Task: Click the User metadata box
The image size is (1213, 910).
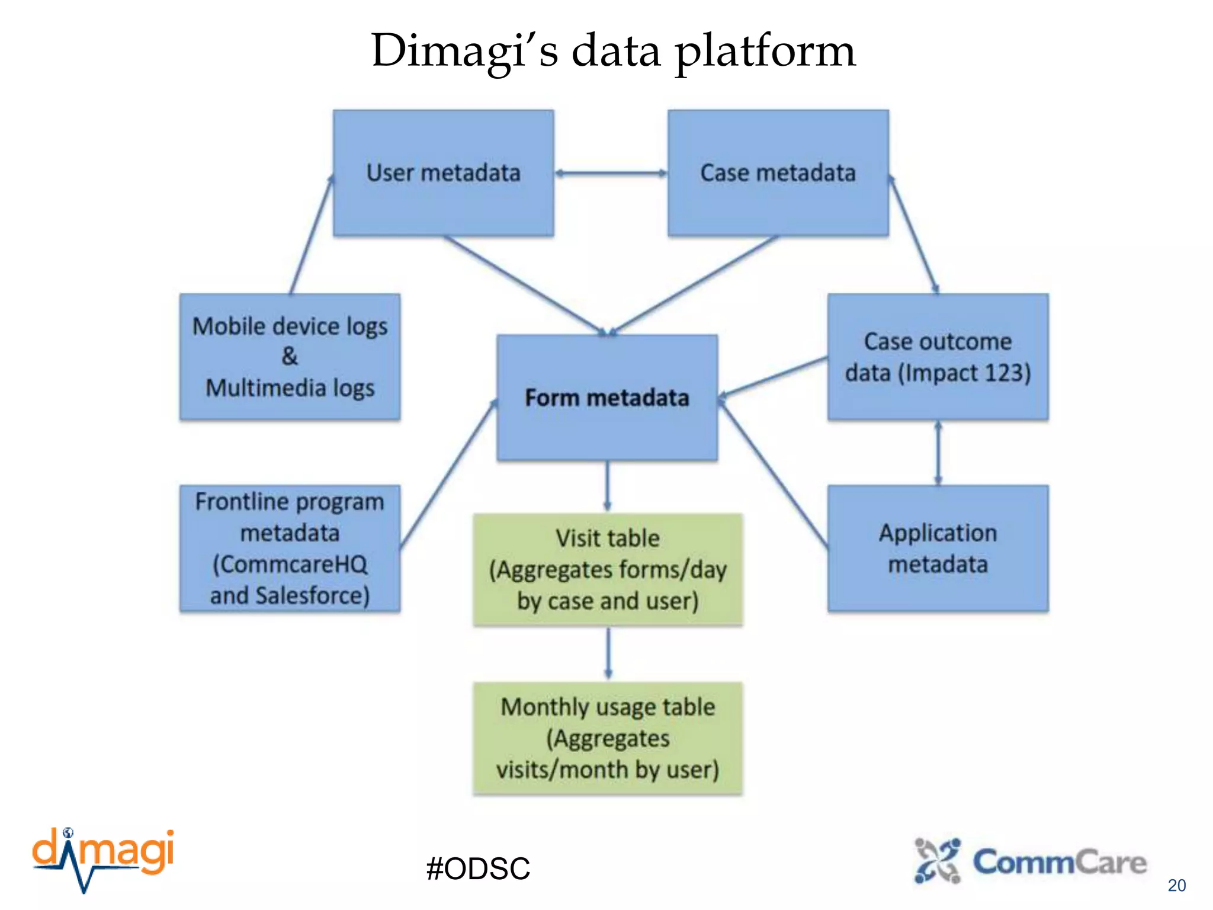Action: [443, 173]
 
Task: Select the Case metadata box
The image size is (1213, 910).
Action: [778, 173]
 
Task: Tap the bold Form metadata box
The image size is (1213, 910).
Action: [607, 398]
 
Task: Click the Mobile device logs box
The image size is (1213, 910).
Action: [290, 357]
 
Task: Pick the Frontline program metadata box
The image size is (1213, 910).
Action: [290, 549]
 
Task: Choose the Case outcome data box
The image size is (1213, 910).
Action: [938, 357]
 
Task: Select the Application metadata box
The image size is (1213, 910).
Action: [938, 549]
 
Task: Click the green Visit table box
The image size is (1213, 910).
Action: [607, 569]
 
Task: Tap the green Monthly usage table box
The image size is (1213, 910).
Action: [607, 738]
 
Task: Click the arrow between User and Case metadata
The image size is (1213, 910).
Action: [611, 173]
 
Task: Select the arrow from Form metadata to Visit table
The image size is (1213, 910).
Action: [607, 486]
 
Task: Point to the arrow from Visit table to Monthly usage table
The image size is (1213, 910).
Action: [608, 653]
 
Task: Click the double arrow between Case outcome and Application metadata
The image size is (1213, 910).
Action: [938, 453]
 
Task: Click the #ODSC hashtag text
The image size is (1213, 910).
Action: [478, 869]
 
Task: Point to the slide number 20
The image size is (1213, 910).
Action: [1176, 885]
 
